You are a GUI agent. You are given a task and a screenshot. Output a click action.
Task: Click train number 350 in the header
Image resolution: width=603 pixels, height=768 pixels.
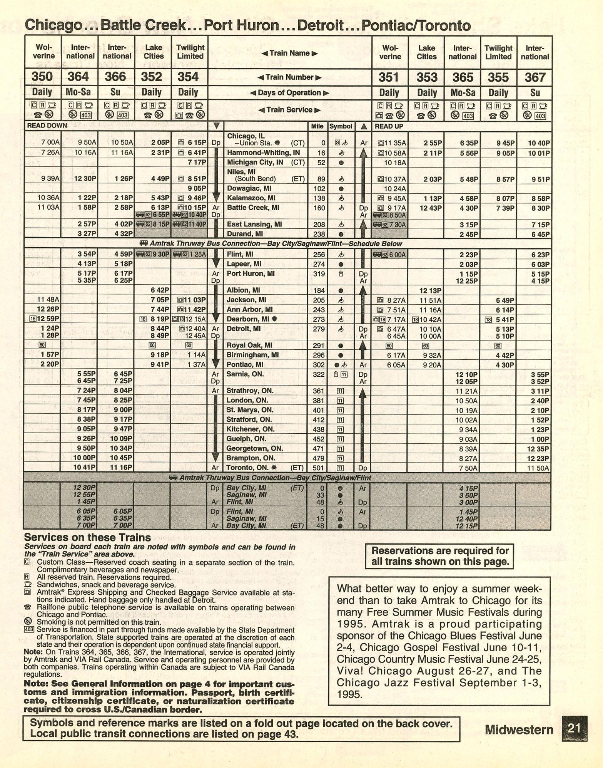point(42,77)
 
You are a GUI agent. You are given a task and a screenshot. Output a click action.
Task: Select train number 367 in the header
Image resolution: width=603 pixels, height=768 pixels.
point(535,77)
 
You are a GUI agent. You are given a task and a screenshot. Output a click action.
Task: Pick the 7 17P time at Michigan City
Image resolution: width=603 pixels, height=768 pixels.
point(197,163)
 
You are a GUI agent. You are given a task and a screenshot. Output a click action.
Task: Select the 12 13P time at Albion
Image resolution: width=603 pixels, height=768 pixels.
point(430,291)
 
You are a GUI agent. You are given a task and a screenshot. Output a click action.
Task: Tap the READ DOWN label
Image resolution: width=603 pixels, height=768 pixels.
point(47,126)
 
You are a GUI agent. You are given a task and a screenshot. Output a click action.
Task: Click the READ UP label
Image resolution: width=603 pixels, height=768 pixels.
point(389,126)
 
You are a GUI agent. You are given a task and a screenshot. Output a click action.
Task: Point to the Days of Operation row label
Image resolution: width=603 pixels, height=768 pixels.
point(289,93)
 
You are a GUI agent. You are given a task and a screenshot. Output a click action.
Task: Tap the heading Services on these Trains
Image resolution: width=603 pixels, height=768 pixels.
point(87,538)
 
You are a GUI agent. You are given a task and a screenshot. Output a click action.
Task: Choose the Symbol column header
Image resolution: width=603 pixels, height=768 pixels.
point(341,126)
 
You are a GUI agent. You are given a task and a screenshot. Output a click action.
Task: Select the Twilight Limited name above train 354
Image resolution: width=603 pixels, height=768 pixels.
point(190,52)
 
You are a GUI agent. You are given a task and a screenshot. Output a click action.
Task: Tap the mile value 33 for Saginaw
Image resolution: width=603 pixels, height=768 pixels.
point(320,495)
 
